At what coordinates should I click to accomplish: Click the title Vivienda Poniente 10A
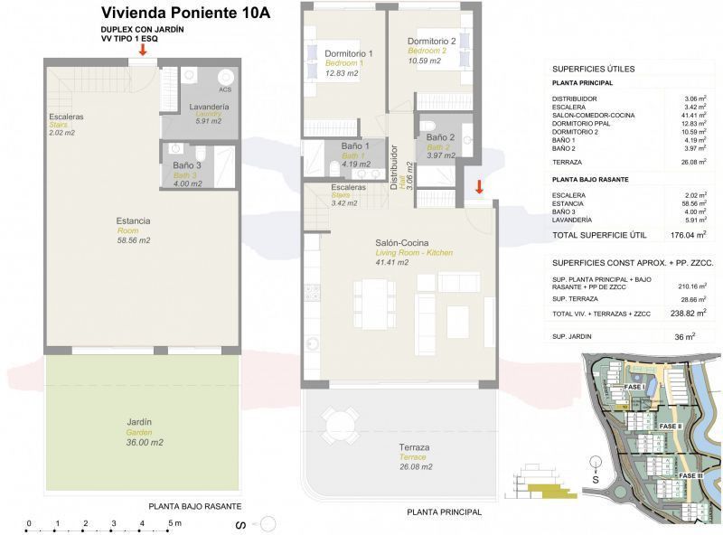point(185,14)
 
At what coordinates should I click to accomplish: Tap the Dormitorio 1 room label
point(343,54)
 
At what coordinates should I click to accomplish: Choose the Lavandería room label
point(209,108)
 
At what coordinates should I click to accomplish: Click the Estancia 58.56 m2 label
point(133,221)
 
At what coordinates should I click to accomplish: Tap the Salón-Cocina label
point(401,243)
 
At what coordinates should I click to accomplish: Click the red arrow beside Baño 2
point(479,187)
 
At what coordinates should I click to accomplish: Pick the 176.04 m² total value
point(689,235)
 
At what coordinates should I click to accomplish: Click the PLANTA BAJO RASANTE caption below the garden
point(195,506)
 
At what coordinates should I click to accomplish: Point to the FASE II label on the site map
point(670,426)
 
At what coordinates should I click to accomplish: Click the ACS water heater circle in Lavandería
point(224,77)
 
